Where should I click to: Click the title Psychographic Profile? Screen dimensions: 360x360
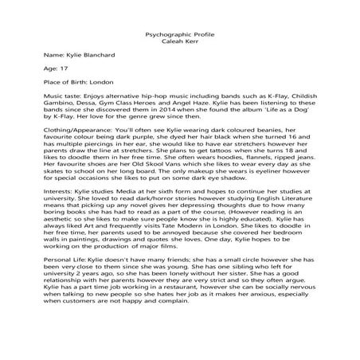179,37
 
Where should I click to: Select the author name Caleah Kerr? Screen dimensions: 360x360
179,45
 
